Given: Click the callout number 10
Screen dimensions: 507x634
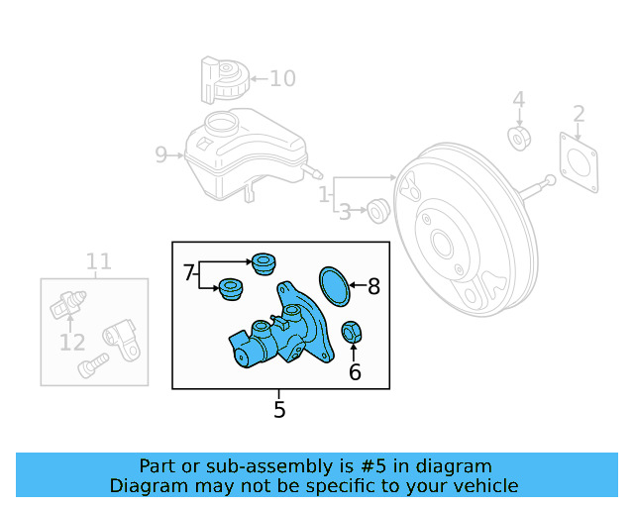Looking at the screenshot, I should point(282,78).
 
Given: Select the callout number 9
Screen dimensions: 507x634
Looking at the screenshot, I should point(161,154).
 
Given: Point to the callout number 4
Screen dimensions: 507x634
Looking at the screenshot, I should point(518,100).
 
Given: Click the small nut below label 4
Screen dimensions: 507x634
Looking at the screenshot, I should point(518,137).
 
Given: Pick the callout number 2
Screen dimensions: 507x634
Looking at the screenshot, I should point(580,114).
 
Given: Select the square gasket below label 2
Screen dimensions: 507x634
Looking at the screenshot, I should point(580,161).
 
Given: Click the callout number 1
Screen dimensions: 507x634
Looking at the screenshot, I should point(324,196).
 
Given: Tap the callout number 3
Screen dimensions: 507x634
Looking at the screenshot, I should point(345,211).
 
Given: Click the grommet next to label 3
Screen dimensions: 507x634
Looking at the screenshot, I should point(376,210).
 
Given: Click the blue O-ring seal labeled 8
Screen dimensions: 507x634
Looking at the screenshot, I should point(337,285).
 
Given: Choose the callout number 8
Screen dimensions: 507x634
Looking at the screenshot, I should point(373,287).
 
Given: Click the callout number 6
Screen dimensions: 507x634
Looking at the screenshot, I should point(355,372).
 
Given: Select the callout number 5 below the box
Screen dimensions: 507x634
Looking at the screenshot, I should point(279,409).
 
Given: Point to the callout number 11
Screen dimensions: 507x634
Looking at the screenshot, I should point(98,262).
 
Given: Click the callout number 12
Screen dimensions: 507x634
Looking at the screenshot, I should point(71,343).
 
